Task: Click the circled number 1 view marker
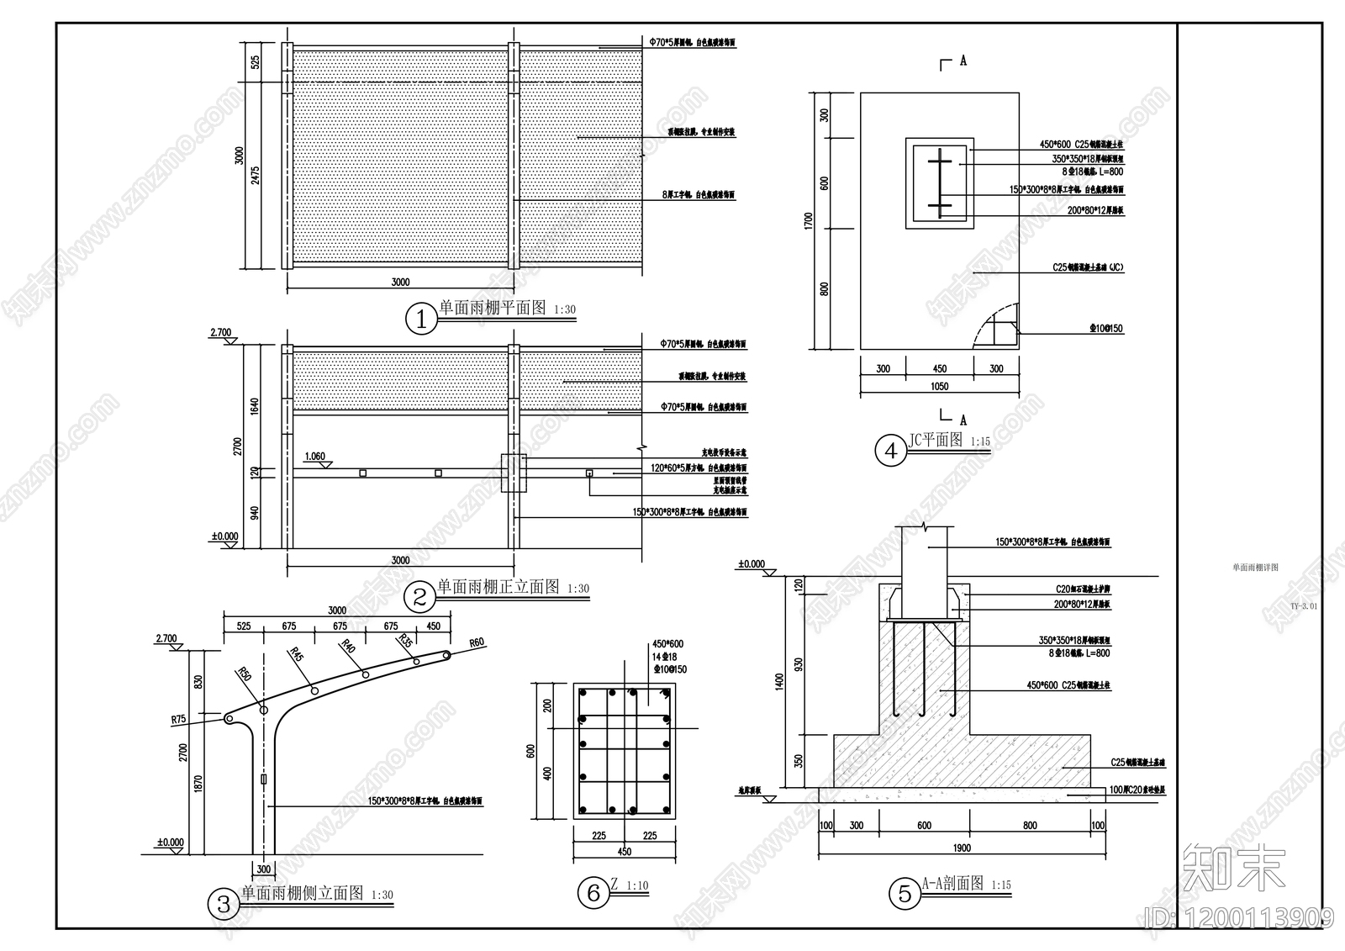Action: (421, 320)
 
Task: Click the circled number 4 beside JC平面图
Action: (891, 451)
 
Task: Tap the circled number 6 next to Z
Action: (593, 892)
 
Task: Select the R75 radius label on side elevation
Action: (178, 719)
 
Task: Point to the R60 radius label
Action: (477, 643)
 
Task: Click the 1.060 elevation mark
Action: (314, 457)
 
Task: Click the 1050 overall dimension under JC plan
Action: (939, 387)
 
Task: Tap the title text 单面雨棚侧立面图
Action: (303, 893)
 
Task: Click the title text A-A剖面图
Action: (952, 883)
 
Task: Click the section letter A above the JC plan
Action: (963, 61)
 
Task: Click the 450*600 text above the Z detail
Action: (667, 644)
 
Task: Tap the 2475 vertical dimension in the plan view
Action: (256, 175)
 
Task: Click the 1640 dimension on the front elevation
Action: (255, 406)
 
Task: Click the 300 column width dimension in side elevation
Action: (263, 869)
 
